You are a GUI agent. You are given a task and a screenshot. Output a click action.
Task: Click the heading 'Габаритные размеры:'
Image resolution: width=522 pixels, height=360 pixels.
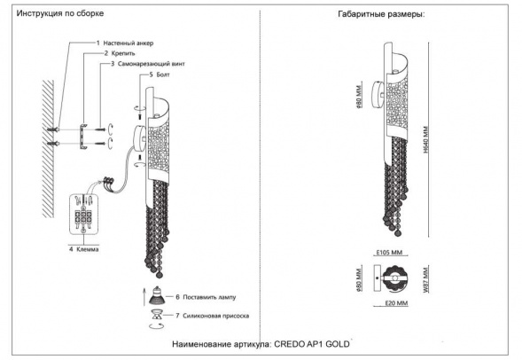381,15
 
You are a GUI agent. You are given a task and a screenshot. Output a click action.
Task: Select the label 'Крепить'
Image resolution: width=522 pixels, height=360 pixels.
118,54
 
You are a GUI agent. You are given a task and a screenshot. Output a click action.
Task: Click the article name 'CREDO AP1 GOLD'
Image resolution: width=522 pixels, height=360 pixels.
304,342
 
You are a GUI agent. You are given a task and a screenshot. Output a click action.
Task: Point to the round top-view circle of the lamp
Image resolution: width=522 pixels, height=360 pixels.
391,280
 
